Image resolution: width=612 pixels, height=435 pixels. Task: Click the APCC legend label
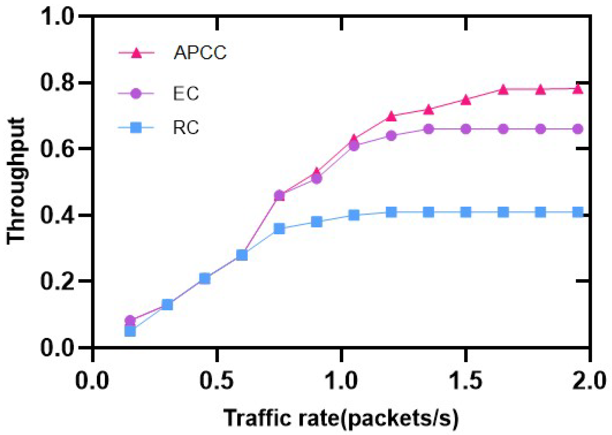pos(200,53)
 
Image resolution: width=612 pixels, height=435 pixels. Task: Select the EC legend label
pos(186,94)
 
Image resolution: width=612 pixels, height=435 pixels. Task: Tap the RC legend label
pos(186,128)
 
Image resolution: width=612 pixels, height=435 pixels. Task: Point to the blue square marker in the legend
pos(136,128)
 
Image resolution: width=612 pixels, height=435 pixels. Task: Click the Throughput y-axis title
pos(16,181)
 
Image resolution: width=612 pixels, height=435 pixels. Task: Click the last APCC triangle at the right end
pos(578,89)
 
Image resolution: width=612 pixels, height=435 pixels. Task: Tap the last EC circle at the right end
pos(578,129)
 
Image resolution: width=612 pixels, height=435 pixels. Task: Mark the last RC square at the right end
pos(578,212)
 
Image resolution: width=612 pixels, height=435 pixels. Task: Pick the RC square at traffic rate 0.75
pos(279,228)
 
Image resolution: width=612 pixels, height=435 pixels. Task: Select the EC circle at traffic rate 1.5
pos(466,129)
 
